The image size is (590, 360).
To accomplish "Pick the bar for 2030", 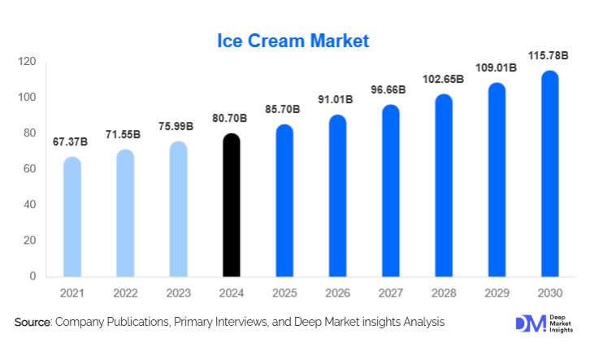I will coord(550,174).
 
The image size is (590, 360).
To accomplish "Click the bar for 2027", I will coord(391,191).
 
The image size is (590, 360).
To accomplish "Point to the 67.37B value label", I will coord(72,141).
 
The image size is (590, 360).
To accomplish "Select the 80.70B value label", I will coord(231,118).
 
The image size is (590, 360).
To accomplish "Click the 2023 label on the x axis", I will coord(178,292).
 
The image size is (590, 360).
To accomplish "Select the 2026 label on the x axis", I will coord(338,292).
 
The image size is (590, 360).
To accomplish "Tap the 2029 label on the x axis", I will coord(497,292).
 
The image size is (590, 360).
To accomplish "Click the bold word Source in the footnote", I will coord(33,323).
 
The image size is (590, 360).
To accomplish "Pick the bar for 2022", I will coord(125,213).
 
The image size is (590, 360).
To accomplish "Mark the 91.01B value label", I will coord(338,100).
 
